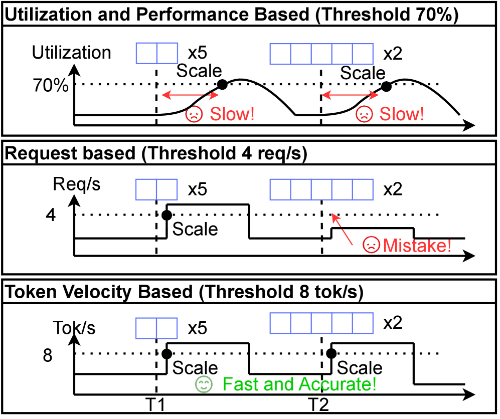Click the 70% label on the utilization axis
pyautogui.click(x=51, y=86)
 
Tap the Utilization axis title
pyautogui.click(x=71, y=53)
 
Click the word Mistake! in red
pyautogui.click(x=417, y=246)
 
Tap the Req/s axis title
pyautogui.click(x=77, y=184)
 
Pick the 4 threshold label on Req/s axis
pyautogui.click(x=51, y=216)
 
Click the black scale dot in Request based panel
pyautogui.click(x=167, y=216)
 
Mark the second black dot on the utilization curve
pyautogui.click(x=386, y=86)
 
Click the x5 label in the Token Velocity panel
pyautogui.click(x=198, y=328)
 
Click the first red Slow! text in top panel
pyautogui.click(x=232, y=114)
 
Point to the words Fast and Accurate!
pyautogui.click(x=299, y=385)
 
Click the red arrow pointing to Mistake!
pyautogui.click(x=347, y=228)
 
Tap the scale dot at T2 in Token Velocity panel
pyautogui.click(x=330, y=353)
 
